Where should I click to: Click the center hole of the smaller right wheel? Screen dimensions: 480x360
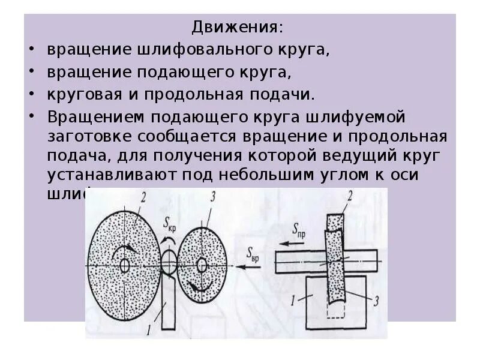click(x=202, y=264)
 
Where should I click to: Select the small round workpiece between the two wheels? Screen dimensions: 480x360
click(x=168, y=262)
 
